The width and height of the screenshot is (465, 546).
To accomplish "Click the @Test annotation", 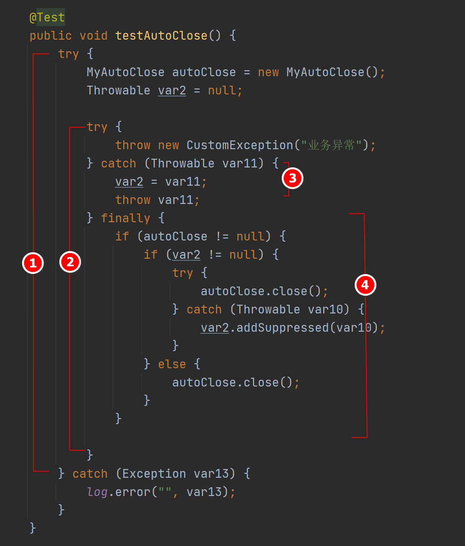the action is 47,17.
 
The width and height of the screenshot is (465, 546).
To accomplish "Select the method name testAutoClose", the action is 161,36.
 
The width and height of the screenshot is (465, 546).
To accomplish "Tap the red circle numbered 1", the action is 33,263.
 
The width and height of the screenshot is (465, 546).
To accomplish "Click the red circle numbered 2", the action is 70,262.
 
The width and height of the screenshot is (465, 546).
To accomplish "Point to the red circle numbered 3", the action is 293,178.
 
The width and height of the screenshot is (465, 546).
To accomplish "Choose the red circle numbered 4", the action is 365,285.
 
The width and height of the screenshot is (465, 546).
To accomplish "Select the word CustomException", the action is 240,145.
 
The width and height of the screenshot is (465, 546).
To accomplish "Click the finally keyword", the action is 126,218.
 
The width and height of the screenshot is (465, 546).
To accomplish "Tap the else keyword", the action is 172,364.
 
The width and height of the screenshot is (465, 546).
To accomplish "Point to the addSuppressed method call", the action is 283,328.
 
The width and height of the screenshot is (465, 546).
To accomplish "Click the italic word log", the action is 97,492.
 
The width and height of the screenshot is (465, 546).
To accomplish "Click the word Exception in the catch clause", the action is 154,474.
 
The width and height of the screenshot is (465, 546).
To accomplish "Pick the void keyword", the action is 94,36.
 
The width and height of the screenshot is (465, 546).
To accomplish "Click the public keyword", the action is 51,36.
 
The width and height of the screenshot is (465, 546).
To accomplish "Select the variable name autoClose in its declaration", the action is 204,72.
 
